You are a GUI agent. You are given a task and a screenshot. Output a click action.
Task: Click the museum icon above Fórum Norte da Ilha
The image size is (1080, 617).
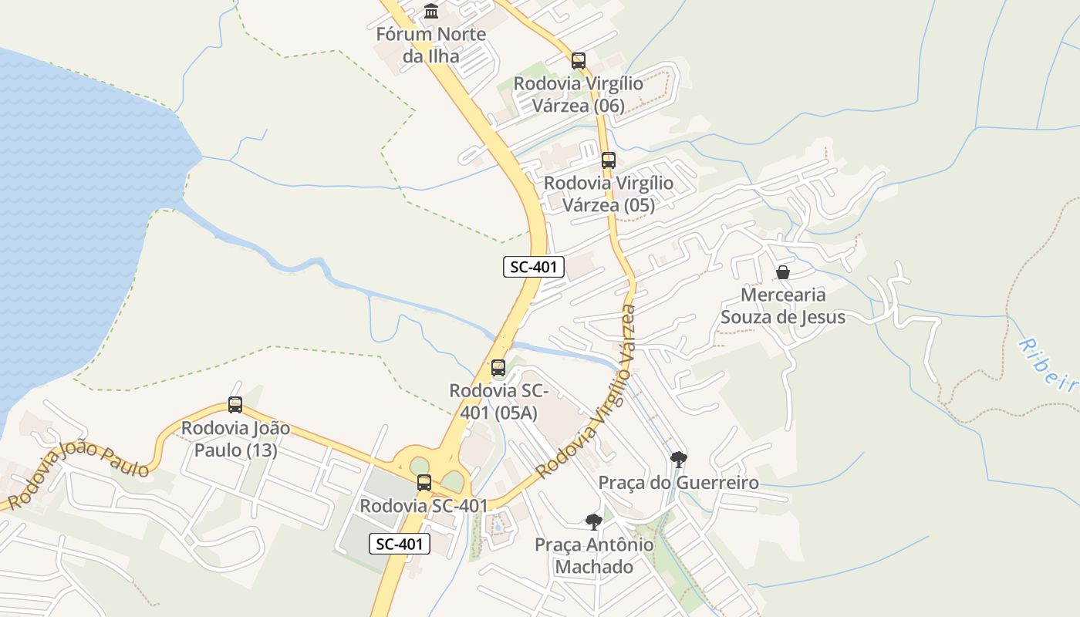(431, 12)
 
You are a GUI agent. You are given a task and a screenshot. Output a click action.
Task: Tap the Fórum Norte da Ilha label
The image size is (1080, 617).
(430, 45)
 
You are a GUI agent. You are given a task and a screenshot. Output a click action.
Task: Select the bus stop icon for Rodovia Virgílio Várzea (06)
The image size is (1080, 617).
(579, 60)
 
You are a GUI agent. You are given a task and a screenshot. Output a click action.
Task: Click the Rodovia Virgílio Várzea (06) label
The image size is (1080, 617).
(579, 94)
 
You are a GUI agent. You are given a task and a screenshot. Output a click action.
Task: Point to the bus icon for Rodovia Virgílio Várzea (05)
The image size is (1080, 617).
(609, 160)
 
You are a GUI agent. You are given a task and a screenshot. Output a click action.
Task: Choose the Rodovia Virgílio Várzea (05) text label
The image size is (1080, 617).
(609, 194)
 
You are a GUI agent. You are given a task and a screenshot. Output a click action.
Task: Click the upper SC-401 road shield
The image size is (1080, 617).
(534, 268)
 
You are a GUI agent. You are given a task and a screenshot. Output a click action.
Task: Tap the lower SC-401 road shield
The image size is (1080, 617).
(399, 544)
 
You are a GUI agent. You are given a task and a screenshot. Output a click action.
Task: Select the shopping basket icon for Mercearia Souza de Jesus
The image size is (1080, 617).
(783, 272)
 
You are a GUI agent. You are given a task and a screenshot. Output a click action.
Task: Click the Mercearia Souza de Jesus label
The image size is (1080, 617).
(783, 305)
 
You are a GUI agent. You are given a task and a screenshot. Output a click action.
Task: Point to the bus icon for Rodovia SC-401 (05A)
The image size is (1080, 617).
(498, 368)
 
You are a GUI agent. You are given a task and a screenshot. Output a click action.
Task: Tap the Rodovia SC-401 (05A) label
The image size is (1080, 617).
(499, 402)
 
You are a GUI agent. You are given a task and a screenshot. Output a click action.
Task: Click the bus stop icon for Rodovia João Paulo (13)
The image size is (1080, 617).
(235, 405)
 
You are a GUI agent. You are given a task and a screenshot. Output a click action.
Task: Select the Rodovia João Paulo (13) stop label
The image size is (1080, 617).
(235, 439)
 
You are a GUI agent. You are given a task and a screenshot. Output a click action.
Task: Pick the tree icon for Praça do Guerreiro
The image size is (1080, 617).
(679, 460)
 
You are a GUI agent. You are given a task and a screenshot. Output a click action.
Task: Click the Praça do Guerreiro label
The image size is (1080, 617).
(679, 484)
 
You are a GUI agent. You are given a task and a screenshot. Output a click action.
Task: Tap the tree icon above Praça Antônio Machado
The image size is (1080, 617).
(593, 522)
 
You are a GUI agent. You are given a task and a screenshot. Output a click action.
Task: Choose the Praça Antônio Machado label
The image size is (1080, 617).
(594, 556)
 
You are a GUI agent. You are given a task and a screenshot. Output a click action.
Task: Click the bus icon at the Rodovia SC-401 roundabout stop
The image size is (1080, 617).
(424, 483)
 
